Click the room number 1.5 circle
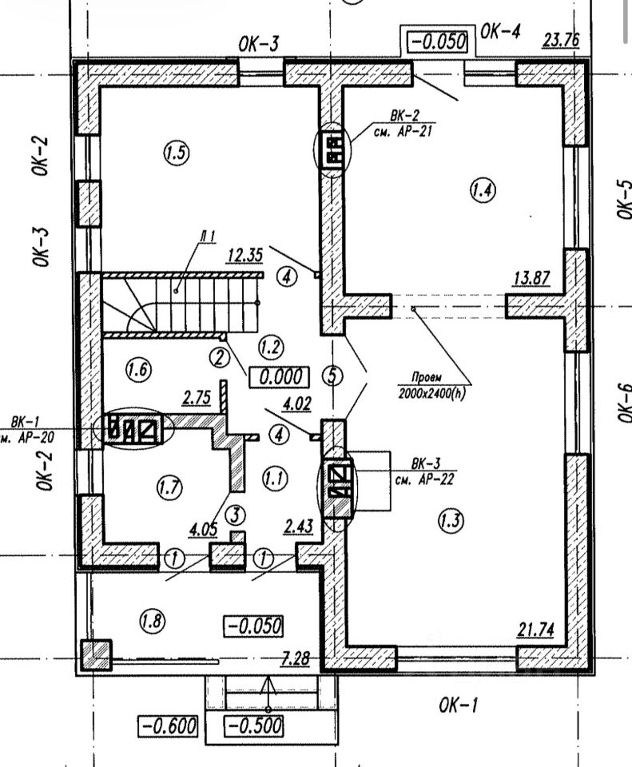point(177,153)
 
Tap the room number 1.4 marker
point(483,190)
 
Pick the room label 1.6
point(139,368)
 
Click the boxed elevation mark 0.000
point(278,376)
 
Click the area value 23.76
point(560,40)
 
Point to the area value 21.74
point(536,630)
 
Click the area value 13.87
point(531,278)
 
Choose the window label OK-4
point(502,32)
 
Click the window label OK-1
point(459,705)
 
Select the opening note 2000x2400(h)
point(431,393)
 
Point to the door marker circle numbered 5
point(330,375)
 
